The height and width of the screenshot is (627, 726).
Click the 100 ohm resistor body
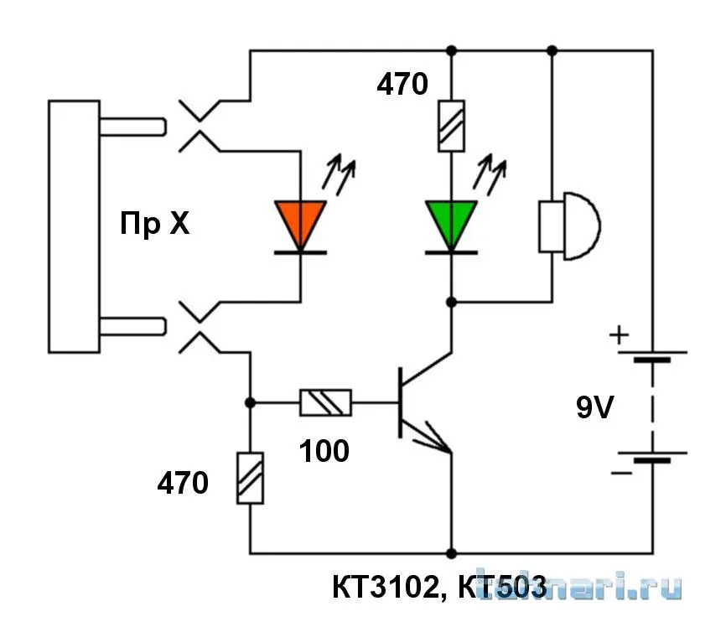(326, 403)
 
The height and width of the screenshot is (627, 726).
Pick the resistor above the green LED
(451, 125)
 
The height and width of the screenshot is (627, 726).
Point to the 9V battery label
(595, 408)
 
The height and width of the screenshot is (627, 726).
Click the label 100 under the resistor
(324, 452)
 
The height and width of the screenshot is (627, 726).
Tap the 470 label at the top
(402, 85)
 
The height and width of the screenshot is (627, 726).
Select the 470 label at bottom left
(184, 484)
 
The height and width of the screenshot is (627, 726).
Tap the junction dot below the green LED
(451, 301)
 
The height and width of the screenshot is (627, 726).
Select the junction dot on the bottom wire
(451, 553)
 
